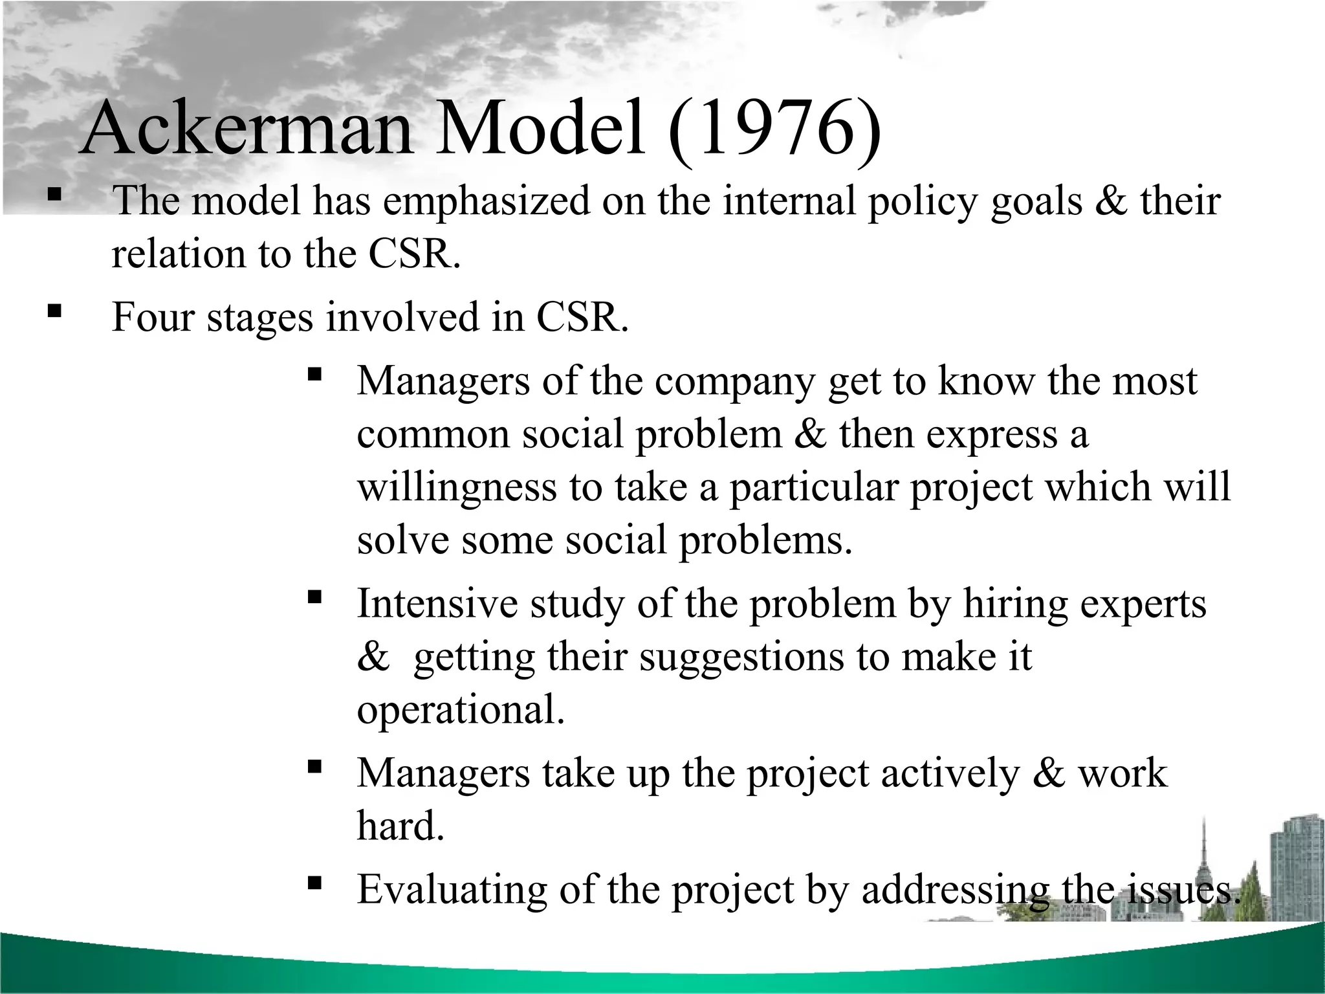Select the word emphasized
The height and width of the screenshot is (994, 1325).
tap(487, 201)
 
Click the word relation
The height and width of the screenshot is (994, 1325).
tap(178, 254)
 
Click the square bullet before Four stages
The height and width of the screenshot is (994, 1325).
tap(54, 312)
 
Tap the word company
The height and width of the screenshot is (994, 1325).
tap(734, 382)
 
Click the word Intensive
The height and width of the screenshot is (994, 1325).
tap(437, 604)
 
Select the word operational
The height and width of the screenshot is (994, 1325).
tap(461, 711)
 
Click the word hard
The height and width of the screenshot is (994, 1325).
tap(400, 826)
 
